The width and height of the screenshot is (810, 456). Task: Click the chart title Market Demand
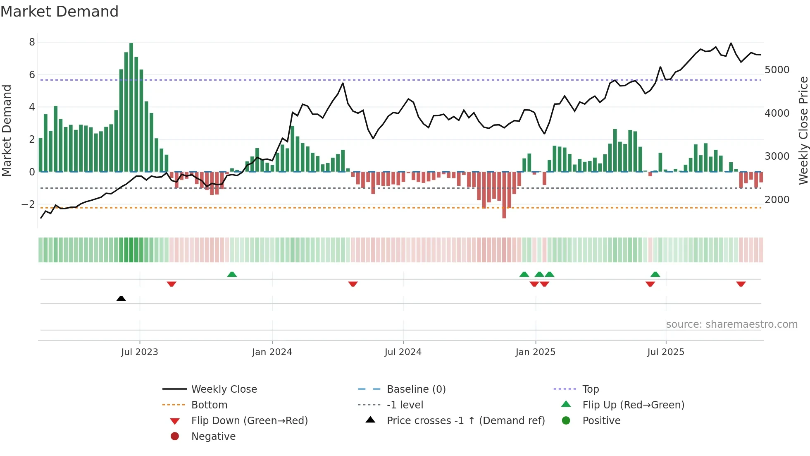click(60, 11)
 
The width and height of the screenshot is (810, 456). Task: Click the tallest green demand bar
click(131, 108)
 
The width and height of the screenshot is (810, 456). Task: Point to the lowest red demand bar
click(504, 194)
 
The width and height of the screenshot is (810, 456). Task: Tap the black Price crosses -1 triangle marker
click(121, 298)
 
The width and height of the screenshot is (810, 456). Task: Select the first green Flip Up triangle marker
click(232, 274)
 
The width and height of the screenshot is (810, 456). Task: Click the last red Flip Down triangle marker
click(741, 284)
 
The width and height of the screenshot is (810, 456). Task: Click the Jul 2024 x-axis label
click(403, 352)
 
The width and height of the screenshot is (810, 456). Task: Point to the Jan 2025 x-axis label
click(535, 352)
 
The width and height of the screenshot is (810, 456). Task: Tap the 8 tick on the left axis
click(32, 42)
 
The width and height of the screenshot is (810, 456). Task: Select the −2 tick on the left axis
click(28, 204)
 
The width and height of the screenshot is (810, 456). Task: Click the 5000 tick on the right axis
click(777, 70)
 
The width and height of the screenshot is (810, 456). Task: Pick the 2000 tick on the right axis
click(777, 200)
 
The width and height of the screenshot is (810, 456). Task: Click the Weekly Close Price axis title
click(803, 130)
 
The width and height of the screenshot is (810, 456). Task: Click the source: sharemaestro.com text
click(731, 324)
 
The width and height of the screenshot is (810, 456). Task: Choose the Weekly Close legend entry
click(224, 389)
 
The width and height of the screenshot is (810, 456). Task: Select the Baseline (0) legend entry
click(416, 389)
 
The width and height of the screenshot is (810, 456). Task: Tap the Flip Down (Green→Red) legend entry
click(249, 421)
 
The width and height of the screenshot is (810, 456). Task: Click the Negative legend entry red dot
click(175, 437)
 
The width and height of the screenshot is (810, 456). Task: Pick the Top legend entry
click(590, 389)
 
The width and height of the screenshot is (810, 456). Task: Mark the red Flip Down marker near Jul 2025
click(650, 284)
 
